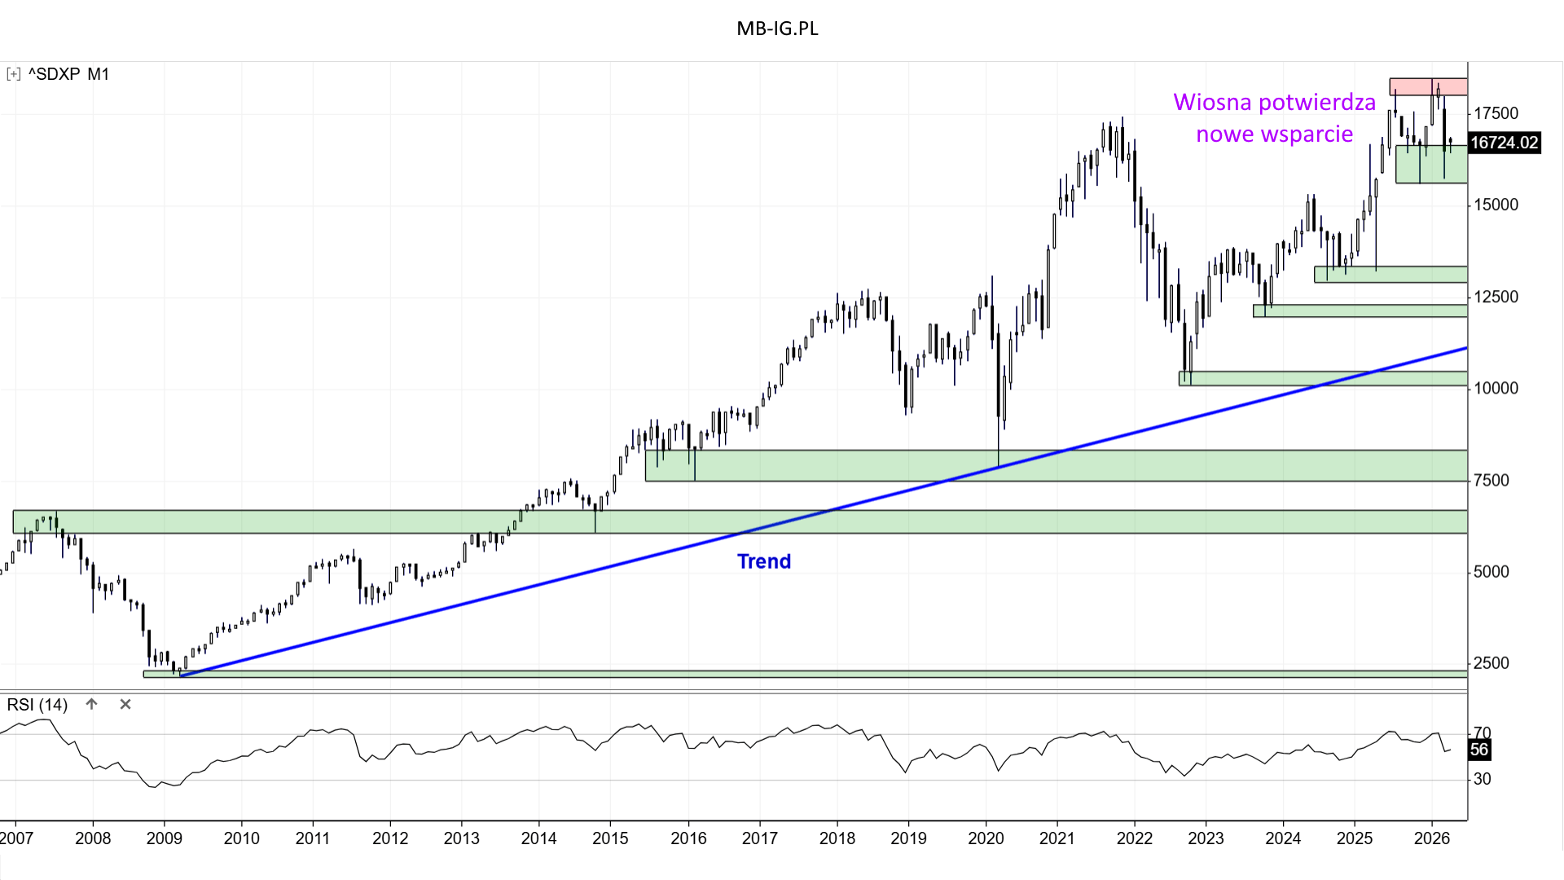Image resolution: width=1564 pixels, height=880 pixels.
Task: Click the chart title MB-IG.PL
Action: (x=777, y=29)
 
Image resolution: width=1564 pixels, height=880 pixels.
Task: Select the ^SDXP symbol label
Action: (x=55, y=74)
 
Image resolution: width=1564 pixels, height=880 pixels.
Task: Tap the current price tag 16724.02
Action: (x=1504, y=143)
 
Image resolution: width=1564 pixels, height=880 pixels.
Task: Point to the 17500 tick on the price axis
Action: (x=1496, y=113)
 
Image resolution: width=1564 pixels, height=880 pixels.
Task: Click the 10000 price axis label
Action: (x=1496, y=389)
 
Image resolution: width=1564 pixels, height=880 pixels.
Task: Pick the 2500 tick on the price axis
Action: (x=1492, y=663)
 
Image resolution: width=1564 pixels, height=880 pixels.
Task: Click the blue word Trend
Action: (x=764, y=561)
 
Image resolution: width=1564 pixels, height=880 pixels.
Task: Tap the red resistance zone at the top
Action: (x=1427, y=86)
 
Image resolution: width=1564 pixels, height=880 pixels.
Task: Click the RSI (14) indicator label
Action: (x=37, y=705)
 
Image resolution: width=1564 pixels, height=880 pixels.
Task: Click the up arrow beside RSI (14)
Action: (x=91, y=704)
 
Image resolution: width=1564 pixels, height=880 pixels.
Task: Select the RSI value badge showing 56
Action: (x=1479, y=750)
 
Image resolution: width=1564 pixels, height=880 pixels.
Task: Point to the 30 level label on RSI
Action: (x=1483, y=780)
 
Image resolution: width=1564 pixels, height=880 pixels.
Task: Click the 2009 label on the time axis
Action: (x=164, y=838)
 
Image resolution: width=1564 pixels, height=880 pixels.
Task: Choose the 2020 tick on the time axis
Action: (x=986, y=838)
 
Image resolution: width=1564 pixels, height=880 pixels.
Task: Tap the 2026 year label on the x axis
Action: (x=1432, y=838)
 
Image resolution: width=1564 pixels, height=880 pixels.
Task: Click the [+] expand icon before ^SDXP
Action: (x=13, y=74)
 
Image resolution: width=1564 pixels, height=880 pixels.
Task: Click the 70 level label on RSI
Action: (x=1483, y=733)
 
